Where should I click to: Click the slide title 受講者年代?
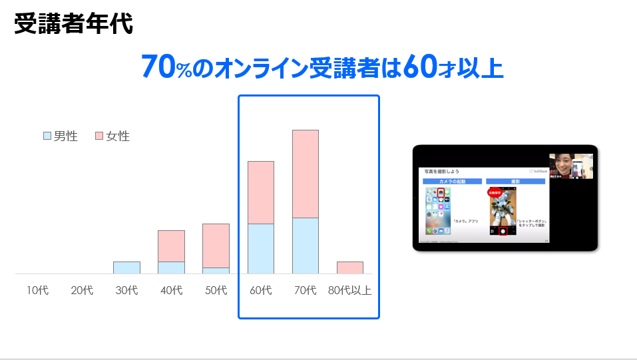[x=73, y=24]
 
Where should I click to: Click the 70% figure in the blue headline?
[x=166, y=67]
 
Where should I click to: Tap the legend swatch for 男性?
[x=47, y=136]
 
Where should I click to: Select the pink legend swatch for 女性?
[x=99, y=136]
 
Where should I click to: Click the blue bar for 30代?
[x=126, y=268]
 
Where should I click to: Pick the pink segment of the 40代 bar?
[x=171, y=246]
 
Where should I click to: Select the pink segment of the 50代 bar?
[x=216, y=246]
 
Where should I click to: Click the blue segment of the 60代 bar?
[x=261, y=249]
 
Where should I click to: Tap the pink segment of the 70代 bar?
[x=306, y=174]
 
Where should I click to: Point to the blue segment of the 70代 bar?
[x=306, y=246]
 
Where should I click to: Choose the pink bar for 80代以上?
[x=350, y=268]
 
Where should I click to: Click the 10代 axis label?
[x=37, y=290]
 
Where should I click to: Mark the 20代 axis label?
[x=82, y=290]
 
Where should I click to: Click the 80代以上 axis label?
[x=350, y=290]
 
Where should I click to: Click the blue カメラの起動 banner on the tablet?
[x=452, y=181]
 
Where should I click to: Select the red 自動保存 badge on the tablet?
[x=495, y=192]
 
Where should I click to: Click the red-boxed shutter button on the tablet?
[x=503, y=231]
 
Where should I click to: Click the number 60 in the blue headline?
[x=421, y=67]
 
